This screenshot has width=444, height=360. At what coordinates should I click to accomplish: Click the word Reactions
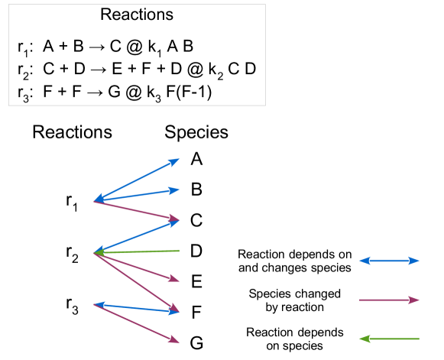(x=72, y=132)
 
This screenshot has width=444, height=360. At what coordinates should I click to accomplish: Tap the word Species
(x=196, y=132)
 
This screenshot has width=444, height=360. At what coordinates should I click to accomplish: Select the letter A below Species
(x=196, y=158)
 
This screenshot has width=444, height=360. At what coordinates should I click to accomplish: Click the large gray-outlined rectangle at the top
(x=137, y=55)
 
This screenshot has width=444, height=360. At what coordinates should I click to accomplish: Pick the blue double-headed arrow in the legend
(x=389, y=261)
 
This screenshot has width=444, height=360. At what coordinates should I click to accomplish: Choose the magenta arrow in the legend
(x=389, y=300)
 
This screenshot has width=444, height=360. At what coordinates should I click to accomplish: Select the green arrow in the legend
(x=389, y=338)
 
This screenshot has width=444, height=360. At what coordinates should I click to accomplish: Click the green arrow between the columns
(x=138, y=251)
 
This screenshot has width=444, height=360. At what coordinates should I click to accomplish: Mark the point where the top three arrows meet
(x=94, y=202)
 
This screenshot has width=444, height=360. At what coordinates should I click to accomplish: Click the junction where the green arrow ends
(x=94, y=252)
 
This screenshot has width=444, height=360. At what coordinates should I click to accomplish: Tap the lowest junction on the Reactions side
(x=94, y=304)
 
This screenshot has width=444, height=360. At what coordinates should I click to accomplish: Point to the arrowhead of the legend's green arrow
(x=363, y=338)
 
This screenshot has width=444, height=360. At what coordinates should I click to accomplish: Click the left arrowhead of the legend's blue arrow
(x=363, y=261)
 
